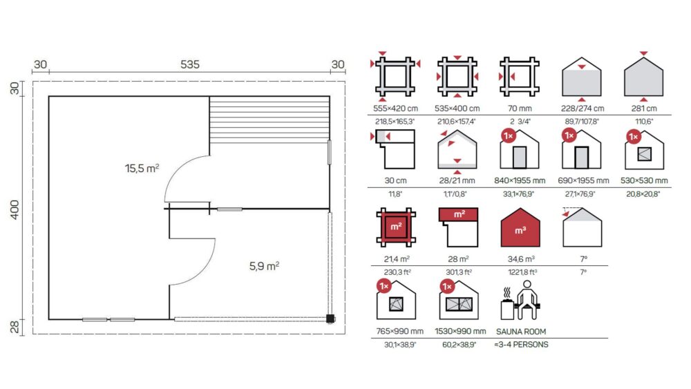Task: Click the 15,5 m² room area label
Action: [x=142, y=169]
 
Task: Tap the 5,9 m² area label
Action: [x=265, y=266]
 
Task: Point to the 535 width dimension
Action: [x=190, y=64]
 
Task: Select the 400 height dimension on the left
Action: [x=15, y=209]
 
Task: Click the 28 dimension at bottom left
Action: [x=15, y=328]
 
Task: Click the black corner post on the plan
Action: [x=330, y=319]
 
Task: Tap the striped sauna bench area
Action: [x=269, y=120]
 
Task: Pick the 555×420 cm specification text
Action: [x=395, y=108]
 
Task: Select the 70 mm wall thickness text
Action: [x=520, y=108]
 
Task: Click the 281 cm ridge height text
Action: [x=644, y=108]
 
